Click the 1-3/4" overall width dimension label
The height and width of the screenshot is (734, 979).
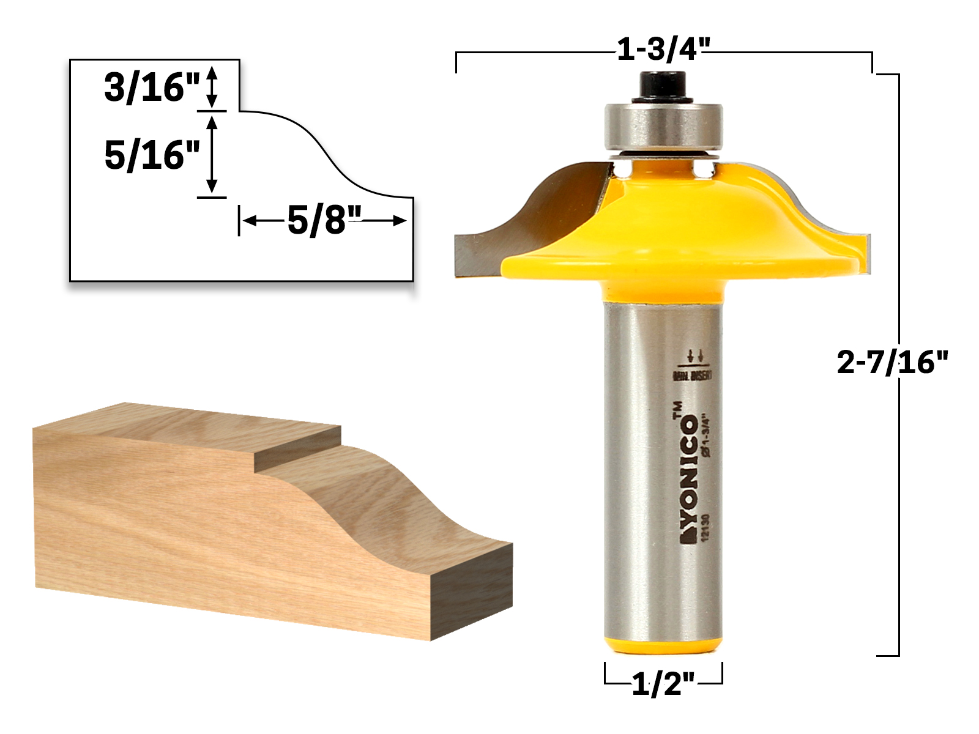coord(663,49)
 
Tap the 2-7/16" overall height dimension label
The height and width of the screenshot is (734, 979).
coord(892,363)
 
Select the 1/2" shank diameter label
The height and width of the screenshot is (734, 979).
coord(663,684)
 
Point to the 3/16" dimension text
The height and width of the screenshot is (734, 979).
coord(152,87)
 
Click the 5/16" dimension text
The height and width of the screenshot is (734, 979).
coord(152,155)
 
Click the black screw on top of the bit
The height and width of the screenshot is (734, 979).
coord(663,86)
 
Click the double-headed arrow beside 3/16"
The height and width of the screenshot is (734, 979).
coord(212,87)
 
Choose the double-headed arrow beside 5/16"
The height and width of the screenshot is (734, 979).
coord(212,155)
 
